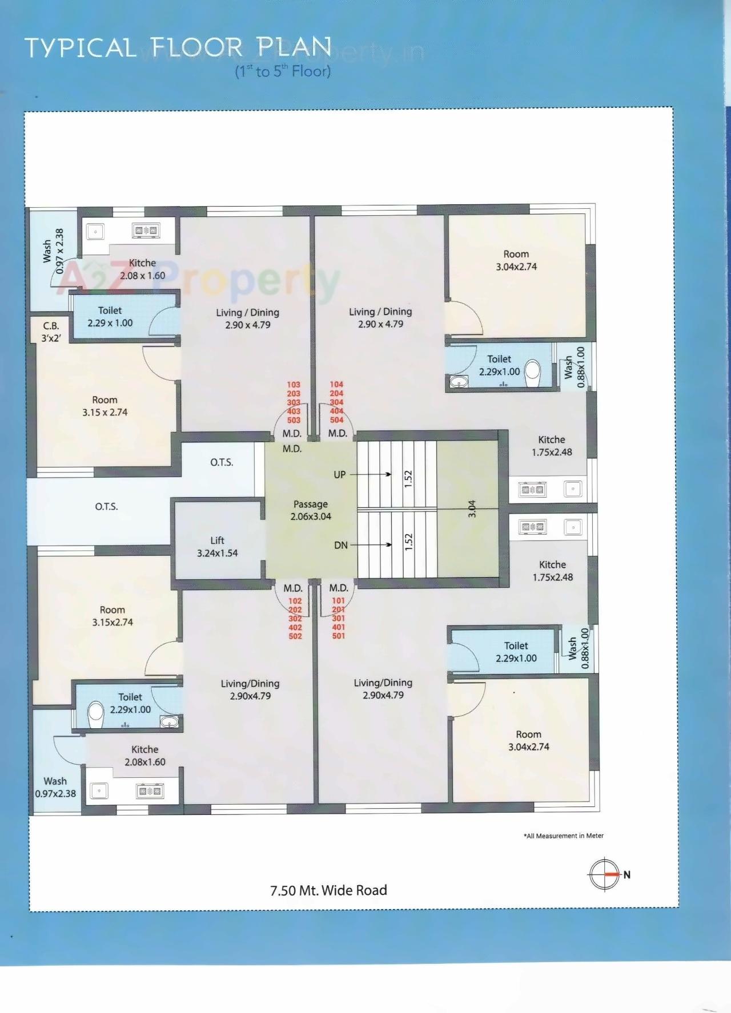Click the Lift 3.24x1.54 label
point(217,547)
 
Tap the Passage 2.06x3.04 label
point(311,510)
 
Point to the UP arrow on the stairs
point(371,474)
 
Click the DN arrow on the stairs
point(371,544)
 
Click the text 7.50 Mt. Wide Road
point(328,890)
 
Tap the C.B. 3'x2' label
point(51,332)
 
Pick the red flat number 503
point(294,420)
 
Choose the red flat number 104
point(336,385)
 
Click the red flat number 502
point(295,636)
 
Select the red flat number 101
point(339,600)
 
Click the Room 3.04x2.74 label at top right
point(516,260)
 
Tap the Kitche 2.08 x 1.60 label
point(142,269)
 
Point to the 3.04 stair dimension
point(472,508)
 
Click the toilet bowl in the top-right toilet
point(532,370)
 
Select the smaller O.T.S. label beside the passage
point(222,462)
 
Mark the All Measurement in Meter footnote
point(563,836)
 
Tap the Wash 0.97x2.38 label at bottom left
point(55,787)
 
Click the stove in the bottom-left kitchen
point(150,791)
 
